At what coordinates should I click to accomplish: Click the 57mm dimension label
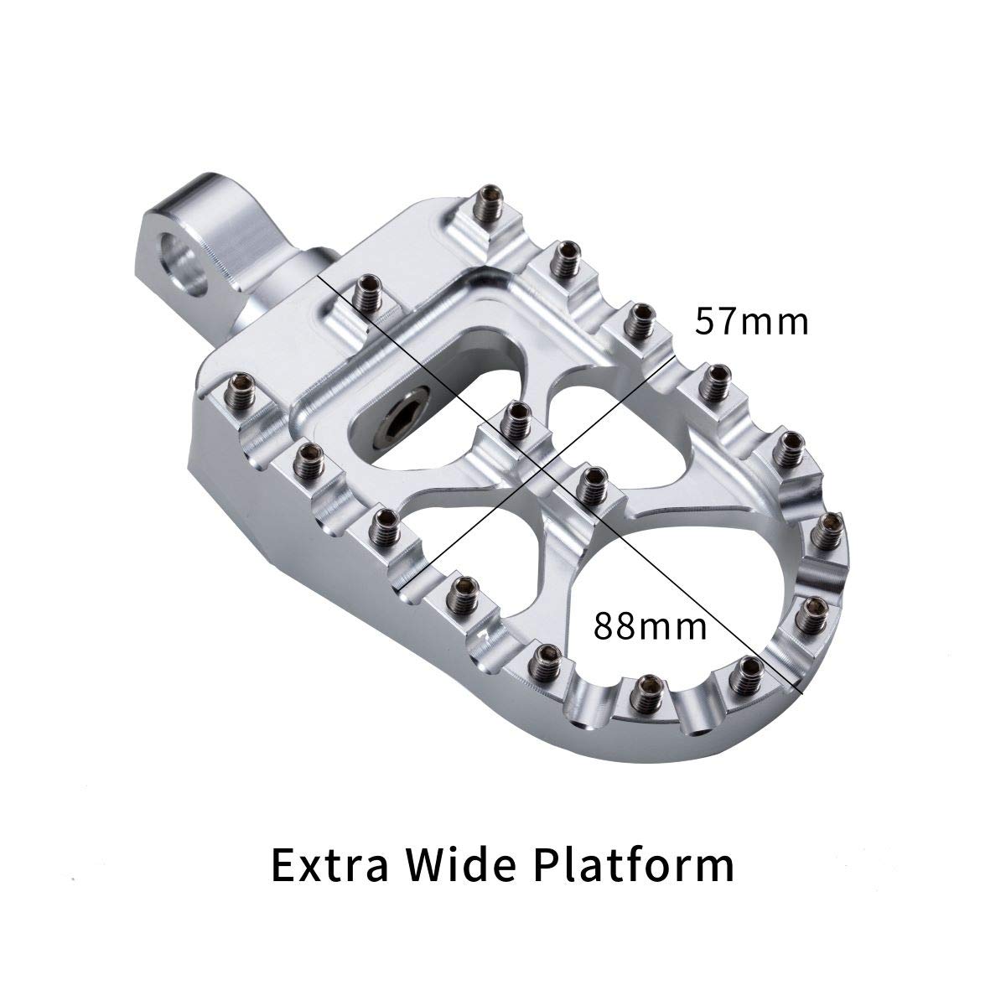[752, 321]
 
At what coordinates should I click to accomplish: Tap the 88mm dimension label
[651, 625]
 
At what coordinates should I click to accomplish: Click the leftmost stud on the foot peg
[243, 392]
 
